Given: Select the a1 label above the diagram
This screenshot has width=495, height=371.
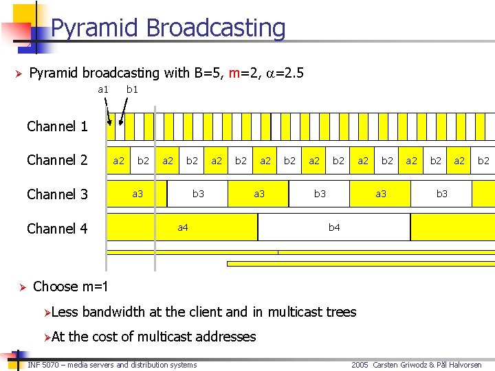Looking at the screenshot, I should pyautogui.click(x=103, y=89).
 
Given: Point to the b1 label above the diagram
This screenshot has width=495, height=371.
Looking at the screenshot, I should pyautogui.click(x=132, y=89).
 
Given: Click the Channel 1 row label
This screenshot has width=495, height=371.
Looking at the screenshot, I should pyautogui.click(x=57, y=126).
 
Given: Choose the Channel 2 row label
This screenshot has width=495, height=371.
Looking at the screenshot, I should pyautogui.click(x=57, y=161).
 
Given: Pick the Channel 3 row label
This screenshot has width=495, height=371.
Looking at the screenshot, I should pyautogui.click(x=57, y=194).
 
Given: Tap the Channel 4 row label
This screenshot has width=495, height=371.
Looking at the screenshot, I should pyautogui.click(x=57, y=228).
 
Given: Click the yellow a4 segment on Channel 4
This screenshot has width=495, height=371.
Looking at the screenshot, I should pyautogui.click(x=182, y=227).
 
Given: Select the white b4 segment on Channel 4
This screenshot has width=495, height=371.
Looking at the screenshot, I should pyautogui.click(x=334, y=227).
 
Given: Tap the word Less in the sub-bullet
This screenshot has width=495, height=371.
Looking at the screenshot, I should pyautogui.click(x=65, y=312).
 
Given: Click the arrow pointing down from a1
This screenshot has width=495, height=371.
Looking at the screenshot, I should pyautogui.click(x=107, y=110).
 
